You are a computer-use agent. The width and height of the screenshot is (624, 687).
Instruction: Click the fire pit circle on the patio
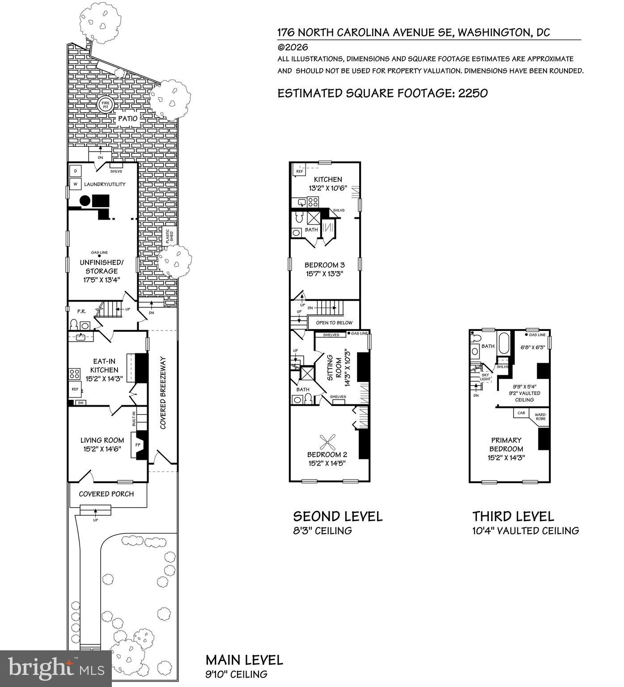point(105,104)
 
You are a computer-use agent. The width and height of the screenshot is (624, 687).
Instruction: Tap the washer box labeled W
point(76,184)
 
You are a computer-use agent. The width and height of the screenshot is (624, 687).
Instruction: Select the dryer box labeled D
point(76,171)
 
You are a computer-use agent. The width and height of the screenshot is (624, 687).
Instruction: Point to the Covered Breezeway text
point(163,393)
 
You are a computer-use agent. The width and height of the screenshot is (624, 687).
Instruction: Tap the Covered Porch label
point(106,494)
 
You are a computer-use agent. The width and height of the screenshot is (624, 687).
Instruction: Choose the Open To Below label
point(334,322)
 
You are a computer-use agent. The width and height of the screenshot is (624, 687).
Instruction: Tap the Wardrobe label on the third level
point(540,417)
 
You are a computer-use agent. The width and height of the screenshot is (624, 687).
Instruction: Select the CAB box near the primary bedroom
point(521,413)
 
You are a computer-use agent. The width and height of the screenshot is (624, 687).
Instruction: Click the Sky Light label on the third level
point(485,377)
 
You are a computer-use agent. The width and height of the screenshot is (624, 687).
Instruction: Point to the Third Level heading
point(514,517)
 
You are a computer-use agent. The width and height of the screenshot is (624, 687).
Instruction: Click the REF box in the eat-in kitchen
point(75,389)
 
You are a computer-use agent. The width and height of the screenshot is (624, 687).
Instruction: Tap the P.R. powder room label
point(81,311)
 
